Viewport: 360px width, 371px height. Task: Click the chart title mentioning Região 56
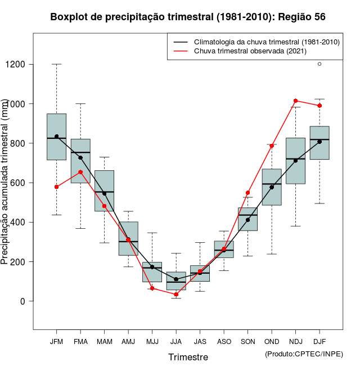(x=188, y=17)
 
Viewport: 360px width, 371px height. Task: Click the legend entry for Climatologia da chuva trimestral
(x=266, y=42)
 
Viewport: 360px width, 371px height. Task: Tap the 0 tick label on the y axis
(x=23, y=301)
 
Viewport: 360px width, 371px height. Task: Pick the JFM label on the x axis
(x=56, y=342)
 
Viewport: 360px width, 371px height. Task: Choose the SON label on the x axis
(x=247, y=342)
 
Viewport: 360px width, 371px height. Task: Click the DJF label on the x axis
(x=319, y=342)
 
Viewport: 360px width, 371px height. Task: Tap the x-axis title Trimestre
(x=188, y=357)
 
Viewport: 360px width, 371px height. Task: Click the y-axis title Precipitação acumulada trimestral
(x=5, y=183)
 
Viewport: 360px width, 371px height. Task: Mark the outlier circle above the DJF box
(x=319, y=64)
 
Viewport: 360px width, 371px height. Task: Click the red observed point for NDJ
(x=295, y=101)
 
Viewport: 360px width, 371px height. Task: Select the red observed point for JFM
(x=56, y=187)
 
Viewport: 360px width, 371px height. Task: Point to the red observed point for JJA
(x=176, y=295)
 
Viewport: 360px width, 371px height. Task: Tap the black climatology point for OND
(x=272, y=187)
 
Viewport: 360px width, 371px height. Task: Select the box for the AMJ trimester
(x=128, y=238)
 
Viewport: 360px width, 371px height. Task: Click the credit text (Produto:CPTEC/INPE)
(x=304, y=354)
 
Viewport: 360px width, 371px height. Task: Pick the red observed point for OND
(x=272, y=146)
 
